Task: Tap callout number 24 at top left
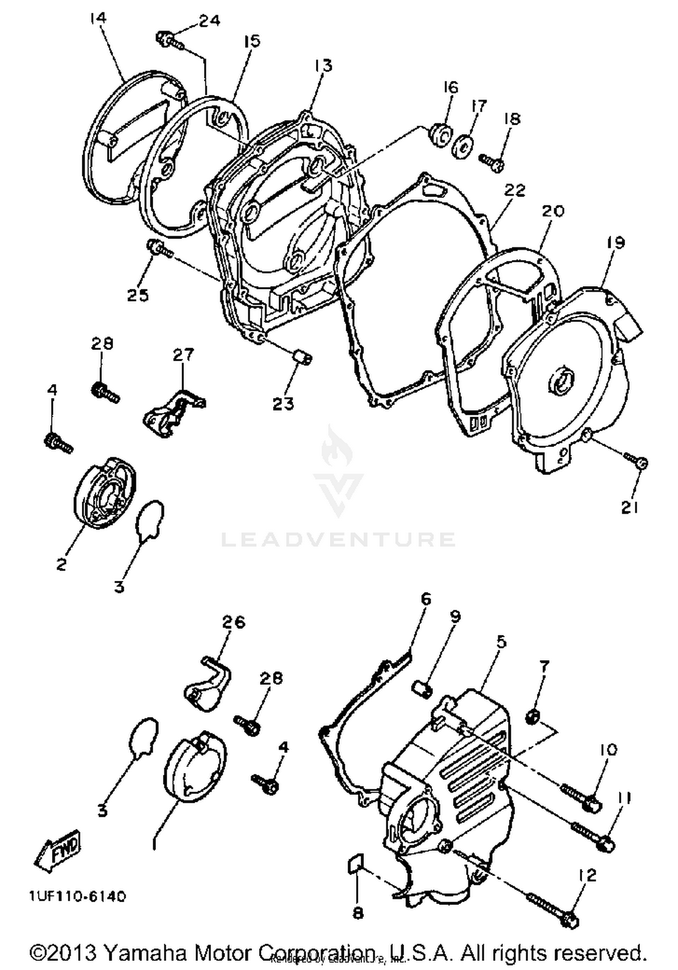click(x=208, y=21)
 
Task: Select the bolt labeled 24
click(x=169, y=40)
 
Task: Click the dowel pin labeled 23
click(x=302, y=358)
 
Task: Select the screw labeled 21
click(x=638, y=461)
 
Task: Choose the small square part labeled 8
click(x=355, y=864)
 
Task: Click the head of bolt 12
click(x=570, y=920)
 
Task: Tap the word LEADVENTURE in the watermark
click(x=338, y=540)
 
